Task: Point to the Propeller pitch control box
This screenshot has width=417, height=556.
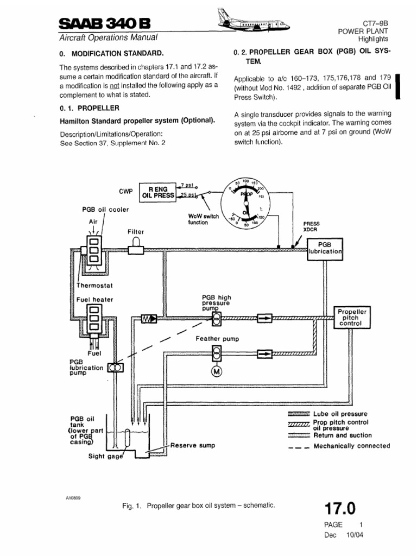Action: pos(353,317)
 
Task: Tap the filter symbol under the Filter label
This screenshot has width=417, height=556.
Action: pos(136,249)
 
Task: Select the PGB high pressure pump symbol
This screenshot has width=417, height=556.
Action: pos(217,318)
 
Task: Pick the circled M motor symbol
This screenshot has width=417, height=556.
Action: pos(217,371)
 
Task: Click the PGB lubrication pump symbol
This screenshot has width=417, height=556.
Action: pos(116,368)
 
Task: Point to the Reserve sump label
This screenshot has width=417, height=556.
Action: pos(193,445)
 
